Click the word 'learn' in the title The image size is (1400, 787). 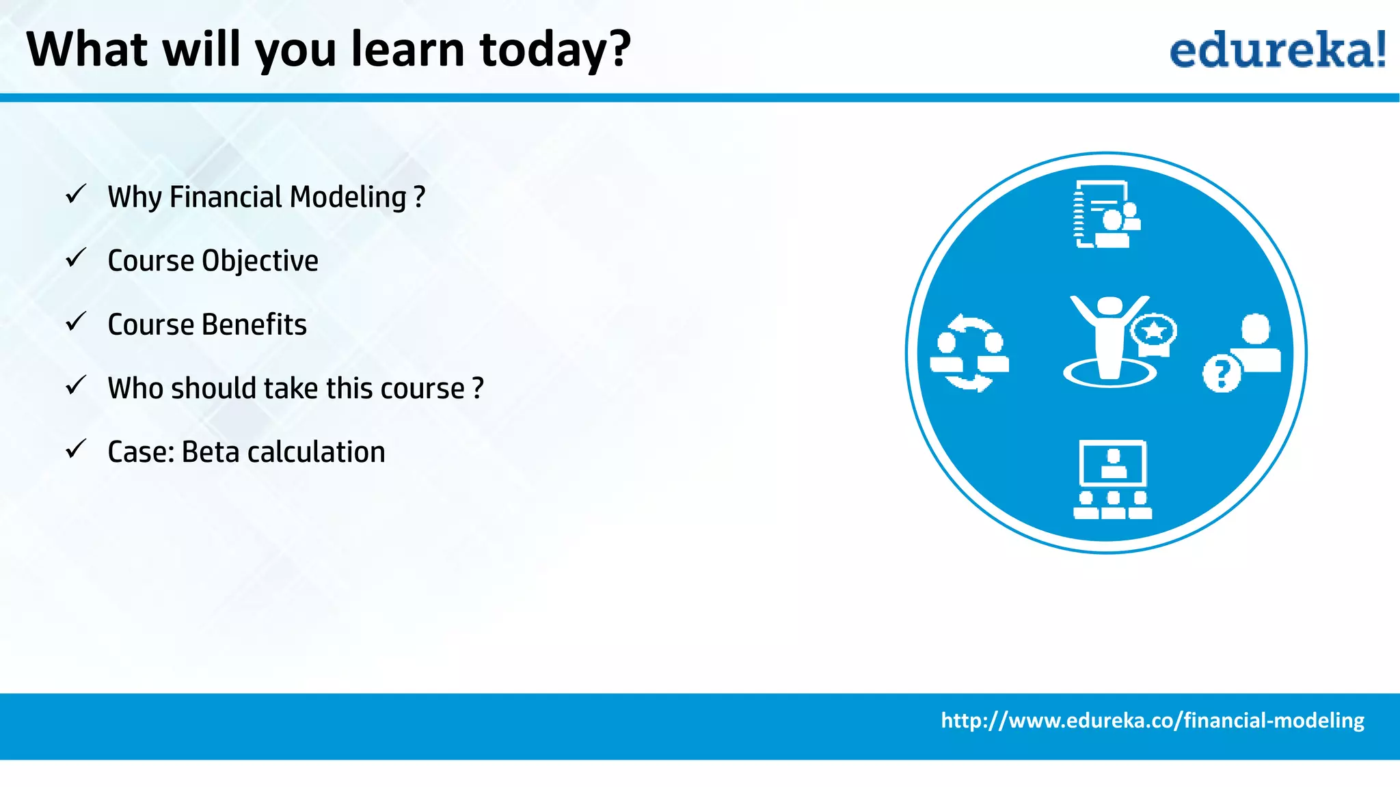pos(407,49)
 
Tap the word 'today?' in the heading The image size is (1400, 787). pos(555,51)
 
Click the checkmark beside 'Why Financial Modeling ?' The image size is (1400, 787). pos(75,195)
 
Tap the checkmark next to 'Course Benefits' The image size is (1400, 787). pos(75,322)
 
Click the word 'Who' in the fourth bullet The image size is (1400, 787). pos(135,388)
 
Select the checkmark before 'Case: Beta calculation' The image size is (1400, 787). pos(75,450)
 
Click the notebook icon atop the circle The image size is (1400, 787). pos(1105,215)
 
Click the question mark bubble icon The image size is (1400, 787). pos(1222,373)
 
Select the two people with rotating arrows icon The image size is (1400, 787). pos(969,353)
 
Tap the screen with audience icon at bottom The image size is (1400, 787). pos(1112,480)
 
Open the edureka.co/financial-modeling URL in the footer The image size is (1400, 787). pos(1152,721)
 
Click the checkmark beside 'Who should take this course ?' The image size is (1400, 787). pos(75,386)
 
